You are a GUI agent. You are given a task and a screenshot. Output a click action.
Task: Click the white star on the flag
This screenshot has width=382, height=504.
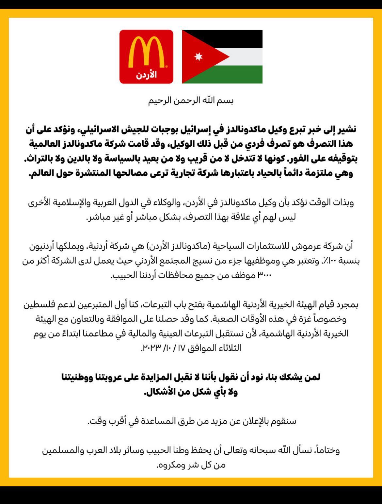point(198,57)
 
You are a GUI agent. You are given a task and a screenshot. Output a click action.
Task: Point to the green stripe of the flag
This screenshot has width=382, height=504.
point(235,74)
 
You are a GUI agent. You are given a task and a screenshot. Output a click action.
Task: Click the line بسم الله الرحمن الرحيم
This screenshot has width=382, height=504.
point(191,100)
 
